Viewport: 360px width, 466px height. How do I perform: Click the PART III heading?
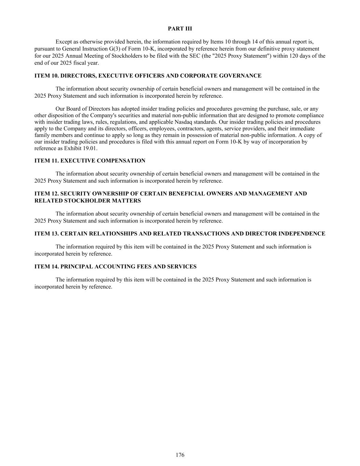[x=180, y=29]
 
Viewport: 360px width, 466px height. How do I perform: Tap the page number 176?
[x=180, y=455]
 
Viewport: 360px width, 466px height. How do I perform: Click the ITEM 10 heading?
[x=148, y=76]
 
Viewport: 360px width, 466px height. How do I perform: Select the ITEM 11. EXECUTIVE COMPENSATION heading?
[x=90, y=161]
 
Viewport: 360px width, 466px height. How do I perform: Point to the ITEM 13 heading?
[x=179, y=234]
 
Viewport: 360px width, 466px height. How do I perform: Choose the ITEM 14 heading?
[x=115, y=267]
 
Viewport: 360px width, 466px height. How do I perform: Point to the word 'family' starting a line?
[x=42, y=135]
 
